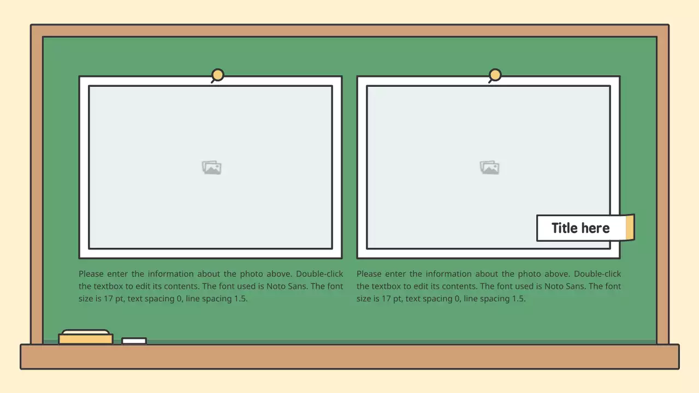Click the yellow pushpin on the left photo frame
pyautogui.click(x=217, y=75)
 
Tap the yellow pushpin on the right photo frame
pyautogui.click(x=495, y=75)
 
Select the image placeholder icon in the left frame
pyautogui.click(x=211, y=168)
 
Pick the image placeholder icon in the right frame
pyautogui.click(x=489, y=168)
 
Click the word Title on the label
pyautogui.click(x=564, y=228)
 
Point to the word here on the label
pyautogui.click(x=596, y=228)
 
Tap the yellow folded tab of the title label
pyautogui.click(x=630, y=227)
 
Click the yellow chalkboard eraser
pyautogui.click(x=86, y=337)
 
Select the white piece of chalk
pyautogui.click(x=134, y=341)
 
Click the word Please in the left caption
pyautogui.click(x=91, y=274)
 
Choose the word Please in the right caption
pyautogui.click(x=369, y=274)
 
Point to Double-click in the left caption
pyautogui.click(x=319, y=274)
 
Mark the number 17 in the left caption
pyautogui.click(x=108, y=299)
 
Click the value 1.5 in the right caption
pyautogui.click(x=519, y=299)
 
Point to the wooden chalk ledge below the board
pyautogui.click(x=349, y=357)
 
